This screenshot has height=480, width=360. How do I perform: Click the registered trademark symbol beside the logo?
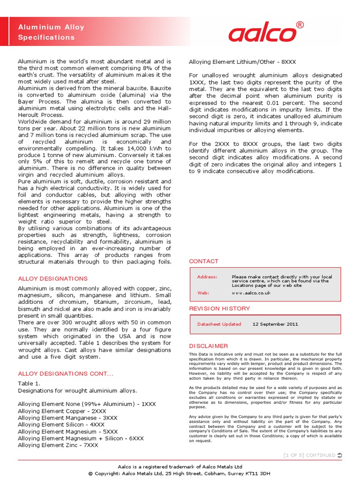(x=300, y=24)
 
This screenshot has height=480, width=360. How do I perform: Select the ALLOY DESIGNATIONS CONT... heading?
(x=65, y=374)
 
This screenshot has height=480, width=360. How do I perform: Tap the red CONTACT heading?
(x=203, y=261)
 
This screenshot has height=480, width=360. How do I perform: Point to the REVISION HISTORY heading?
(x=219, y=308)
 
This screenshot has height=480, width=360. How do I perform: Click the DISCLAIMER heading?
(x=208, y=346)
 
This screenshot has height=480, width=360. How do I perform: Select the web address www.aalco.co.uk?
(x=251, y=293)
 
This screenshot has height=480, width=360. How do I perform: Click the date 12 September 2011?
(x=275, y=324)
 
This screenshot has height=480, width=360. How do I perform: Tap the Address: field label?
(x=207, y=277)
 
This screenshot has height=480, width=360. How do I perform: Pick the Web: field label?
(x=203, y=293)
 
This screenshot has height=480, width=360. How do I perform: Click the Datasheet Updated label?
(x=219, y=324)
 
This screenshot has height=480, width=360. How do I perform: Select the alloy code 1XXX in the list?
(x=148, y=404)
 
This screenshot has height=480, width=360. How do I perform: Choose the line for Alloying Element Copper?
(x=62, y=411)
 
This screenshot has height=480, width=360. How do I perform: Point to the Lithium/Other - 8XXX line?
(x=242, y=62)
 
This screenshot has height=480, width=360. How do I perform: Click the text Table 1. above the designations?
(x=28, y=383)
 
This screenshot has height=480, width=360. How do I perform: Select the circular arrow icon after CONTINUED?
(x=339, y=455)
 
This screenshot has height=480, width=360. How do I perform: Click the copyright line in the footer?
(x=180, y=474)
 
